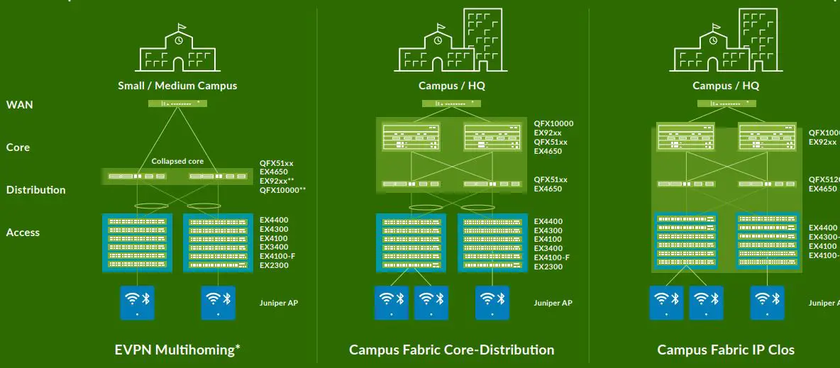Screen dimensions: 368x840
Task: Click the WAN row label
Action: coord(19,105)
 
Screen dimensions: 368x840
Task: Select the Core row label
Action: coord(18,147)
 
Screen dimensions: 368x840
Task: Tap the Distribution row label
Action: coord(35,190)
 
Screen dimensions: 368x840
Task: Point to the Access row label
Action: coord(23,233)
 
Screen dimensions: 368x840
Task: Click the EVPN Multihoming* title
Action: coord(177,350)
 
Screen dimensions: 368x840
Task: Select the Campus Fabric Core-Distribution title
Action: coord(451,350)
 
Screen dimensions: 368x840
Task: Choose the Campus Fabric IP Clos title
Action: coord(726,350)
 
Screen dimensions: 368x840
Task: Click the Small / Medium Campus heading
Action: coord(177,86)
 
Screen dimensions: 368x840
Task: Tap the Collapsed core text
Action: coord(177,161)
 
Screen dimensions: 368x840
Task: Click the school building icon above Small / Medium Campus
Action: coord(178,50)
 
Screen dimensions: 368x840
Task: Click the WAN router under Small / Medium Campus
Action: coord(177,104)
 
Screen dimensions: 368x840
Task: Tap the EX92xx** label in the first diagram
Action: coord(277,181)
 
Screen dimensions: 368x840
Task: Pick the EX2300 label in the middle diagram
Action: coord(548,267)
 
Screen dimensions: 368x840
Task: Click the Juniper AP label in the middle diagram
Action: coord(553,303)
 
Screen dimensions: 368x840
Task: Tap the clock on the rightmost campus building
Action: coord(712,40)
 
